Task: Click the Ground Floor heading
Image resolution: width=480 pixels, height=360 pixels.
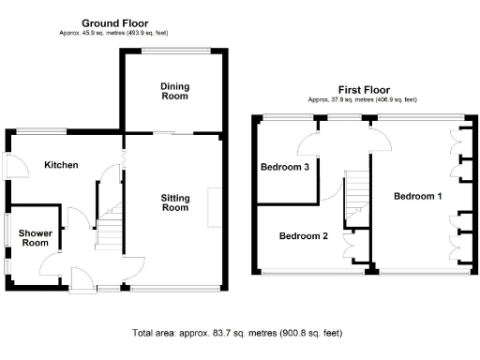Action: point(115,23)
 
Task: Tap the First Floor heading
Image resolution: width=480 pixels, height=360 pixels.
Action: point(364,90)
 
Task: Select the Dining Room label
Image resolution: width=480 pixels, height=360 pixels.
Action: point(175,91)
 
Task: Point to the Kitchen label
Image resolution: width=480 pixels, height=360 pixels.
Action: point(61,165)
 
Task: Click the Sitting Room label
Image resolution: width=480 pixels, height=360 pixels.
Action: point(175,202)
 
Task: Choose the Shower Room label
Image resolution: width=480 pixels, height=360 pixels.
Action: point(36,238)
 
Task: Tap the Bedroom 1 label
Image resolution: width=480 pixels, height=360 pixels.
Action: point(418,196)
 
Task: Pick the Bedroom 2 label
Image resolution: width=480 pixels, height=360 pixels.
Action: point(304,235)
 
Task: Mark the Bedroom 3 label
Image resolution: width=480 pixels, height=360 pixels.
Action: point(285,167)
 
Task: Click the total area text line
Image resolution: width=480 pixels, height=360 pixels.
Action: point(237,333)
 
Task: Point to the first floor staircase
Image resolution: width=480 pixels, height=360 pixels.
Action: point(356,195)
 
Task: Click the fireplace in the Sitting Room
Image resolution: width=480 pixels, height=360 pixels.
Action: point(215,207)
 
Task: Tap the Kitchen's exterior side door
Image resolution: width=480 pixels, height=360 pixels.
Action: point(16,166)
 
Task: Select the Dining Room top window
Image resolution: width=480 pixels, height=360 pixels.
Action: point(176,50)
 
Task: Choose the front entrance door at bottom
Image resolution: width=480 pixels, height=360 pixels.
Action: point(82,280)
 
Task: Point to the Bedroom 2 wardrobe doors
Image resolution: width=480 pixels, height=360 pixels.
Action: point(349,244)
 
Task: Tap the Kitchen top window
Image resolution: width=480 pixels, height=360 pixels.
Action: point(41,131)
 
